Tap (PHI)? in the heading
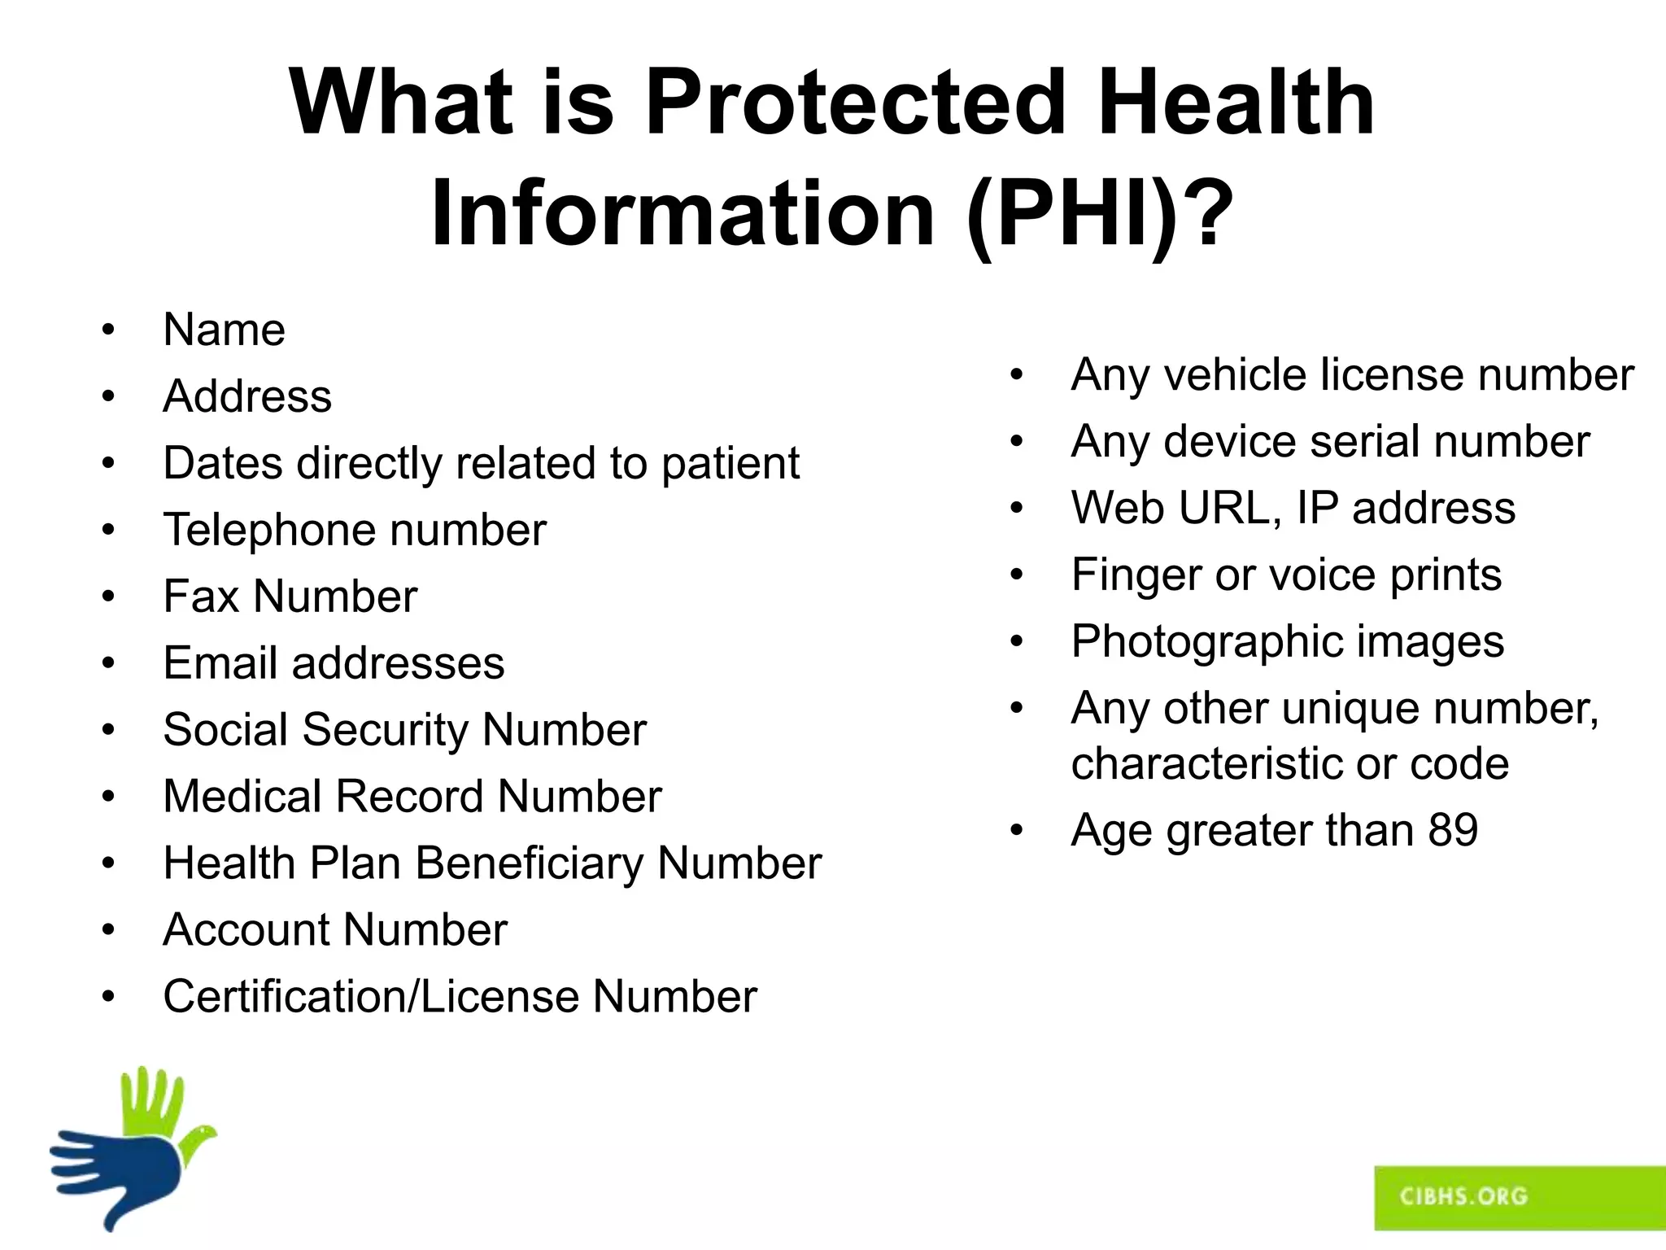click(1099, 213)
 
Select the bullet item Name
click(224, 330)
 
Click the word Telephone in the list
click(268, 531)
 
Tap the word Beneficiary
click(529, 863)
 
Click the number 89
click(1453, 831)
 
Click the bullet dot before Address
click(108, 397)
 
